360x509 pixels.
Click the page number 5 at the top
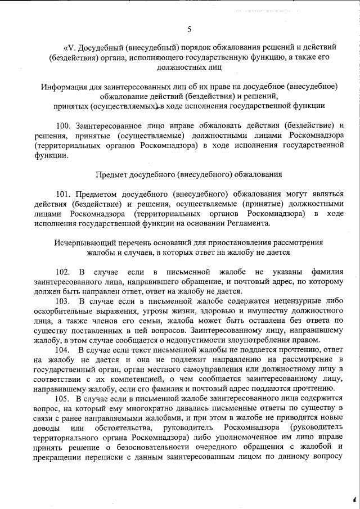(189, 29)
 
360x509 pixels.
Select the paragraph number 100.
(63, 124)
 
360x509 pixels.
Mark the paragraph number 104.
(63, 350)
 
